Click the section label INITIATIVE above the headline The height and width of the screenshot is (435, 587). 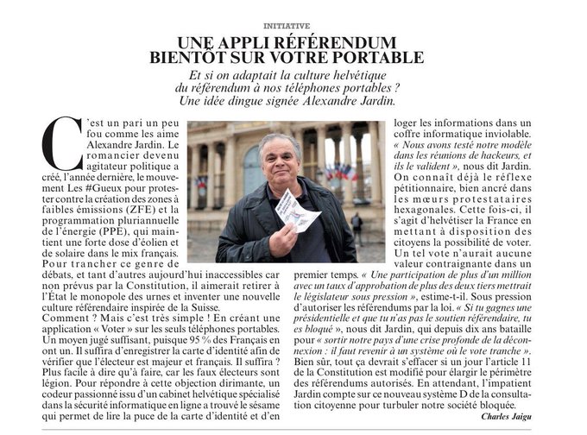(293, 27)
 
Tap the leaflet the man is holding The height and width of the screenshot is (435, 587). (295, 210)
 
